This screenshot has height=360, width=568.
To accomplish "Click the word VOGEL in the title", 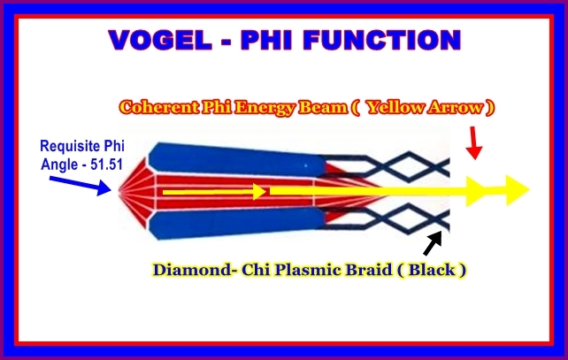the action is (x=160, y=40).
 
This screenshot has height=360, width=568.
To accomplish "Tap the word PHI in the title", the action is (x=266, y=40).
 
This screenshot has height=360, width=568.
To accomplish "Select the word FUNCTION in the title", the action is (x=382, y=40).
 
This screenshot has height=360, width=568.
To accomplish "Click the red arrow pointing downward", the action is (x=474, y=142).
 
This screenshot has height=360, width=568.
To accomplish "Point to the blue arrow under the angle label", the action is (x=81, y=186).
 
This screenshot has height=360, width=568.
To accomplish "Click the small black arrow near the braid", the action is (x=433, y=243).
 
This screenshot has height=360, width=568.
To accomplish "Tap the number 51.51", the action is (x=106, y=165).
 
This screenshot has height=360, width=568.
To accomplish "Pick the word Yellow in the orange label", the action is (x=395, y=108).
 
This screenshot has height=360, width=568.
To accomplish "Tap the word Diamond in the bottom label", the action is (x=192, y=270).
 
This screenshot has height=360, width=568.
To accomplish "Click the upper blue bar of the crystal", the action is (x=237, y=159).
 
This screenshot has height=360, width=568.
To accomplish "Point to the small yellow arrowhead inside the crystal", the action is (x=260, y=192).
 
